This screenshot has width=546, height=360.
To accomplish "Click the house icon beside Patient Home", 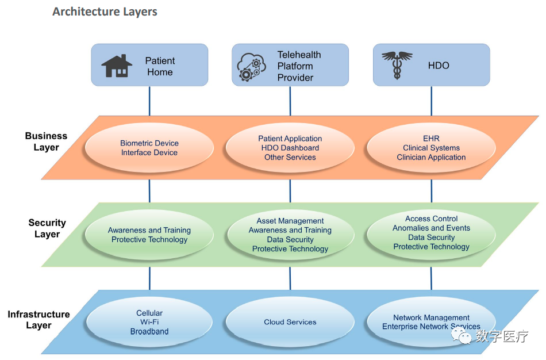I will (117, 66).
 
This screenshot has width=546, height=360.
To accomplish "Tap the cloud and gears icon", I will (252, 67).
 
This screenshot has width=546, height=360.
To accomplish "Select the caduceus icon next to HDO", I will (397, 66).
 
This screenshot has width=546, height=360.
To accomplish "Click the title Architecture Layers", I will (105, 12).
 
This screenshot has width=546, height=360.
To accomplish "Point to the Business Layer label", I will (46, 141).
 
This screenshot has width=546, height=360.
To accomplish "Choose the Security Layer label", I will (47, 228).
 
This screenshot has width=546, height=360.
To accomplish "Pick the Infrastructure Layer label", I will (39, 320).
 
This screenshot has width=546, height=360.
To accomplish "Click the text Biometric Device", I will (149, 143).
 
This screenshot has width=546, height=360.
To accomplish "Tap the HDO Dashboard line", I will (290, 148).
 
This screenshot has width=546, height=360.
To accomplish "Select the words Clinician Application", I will (431, 157).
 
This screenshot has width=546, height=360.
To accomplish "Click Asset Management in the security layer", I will (290, 221).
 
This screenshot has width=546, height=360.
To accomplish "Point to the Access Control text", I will (431, 219).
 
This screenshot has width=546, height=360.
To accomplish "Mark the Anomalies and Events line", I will (431, 228).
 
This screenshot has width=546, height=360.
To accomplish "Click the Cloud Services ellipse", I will (290, 322).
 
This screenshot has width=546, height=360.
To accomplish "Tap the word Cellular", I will (149, 313).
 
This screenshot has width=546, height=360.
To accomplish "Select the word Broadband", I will (149, 332).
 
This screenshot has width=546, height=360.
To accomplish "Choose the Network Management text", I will (431, 317).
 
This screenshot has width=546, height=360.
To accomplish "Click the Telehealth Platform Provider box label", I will (299, 66).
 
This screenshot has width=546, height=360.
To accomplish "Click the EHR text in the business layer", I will (431, 139).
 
